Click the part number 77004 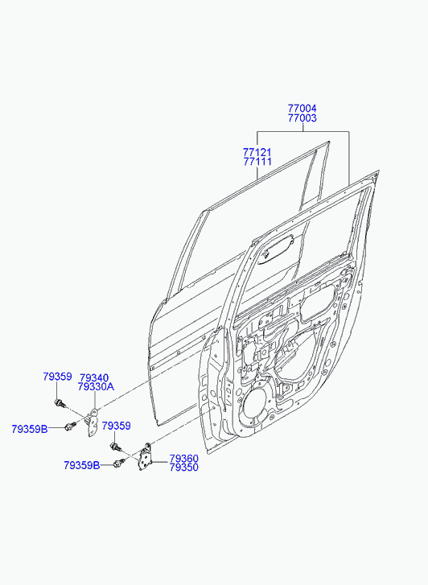click(302, 109)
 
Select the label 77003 click(302, 118)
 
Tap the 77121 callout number click(257, 152)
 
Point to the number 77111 click(257, 162)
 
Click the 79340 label click(94, 378)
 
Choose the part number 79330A click(96, 387)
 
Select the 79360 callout click(184, 459)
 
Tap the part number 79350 click(184, 468)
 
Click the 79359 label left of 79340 click(57, 377)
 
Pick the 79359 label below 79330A click(117, 426)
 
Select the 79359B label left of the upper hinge click(30, 429)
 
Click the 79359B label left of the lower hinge click(82, 466)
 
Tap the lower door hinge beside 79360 click(144, 456)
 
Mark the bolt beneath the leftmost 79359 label click(60, 403)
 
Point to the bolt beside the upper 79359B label click(70, 426)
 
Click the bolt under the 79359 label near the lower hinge click(115, 446)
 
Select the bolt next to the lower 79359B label click(118, 463)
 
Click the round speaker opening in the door click(256, 405)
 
